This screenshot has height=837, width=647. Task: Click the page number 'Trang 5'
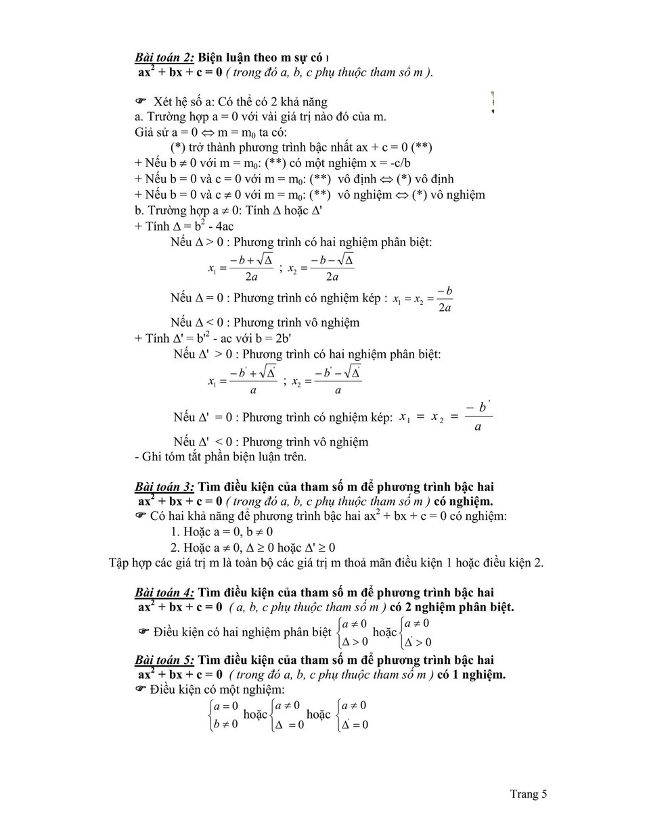[x=528, y=794]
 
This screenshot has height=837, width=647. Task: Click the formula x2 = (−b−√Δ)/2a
[x=321, y=268]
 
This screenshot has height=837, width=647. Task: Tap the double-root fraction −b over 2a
[x=445, y=299]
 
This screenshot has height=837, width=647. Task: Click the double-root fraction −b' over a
[x=478, y=416]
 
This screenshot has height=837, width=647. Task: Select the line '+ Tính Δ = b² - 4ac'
[x=184, y=226]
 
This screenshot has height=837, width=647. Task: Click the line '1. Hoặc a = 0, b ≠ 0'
[x=221, y=531]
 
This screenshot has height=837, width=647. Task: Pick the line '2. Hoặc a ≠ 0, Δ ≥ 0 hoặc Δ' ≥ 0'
[x=252, y=548]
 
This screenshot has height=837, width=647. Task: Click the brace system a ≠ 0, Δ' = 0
[x=352, y=715]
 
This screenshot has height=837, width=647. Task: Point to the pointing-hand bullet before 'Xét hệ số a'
[x=141, y=101]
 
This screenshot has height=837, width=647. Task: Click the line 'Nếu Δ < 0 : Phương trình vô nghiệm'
[x=265, y=322]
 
